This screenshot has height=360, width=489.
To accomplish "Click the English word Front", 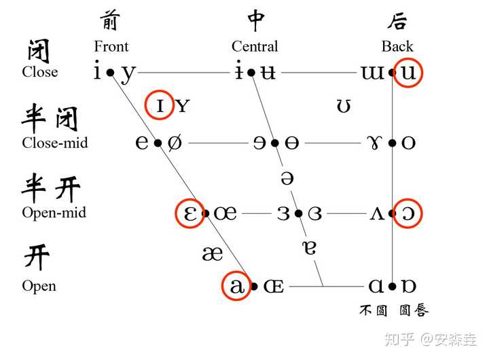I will pos(111,46).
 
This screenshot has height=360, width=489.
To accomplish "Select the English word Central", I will pos(255,46).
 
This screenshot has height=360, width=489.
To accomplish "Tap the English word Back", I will pos(397,46).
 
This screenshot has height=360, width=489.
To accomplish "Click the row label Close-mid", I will pos(55,143).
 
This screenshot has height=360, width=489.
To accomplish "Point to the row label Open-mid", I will pos(54,213).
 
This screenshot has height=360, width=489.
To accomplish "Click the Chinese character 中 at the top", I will pos(256,21).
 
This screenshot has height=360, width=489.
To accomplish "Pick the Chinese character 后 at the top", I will pos(397,21).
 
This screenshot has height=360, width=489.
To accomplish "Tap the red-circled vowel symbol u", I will pos(408,72).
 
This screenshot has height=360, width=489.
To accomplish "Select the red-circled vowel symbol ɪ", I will pos(160,105).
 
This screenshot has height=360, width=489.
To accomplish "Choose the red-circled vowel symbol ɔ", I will pos(409,213).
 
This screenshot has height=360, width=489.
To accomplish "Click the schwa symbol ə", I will pos(287,179).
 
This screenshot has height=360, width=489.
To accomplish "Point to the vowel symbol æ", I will pos(213,253).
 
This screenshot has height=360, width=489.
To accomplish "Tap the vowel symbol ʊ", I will pos(344,106).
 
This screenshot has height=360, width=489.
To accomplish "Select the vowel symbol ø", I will pos(175,143).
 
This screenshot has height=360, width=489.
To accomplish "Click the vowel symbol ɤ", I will pos(375,143).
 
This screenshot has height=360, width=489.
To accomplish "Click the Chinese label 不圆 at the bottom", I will pos(373,311).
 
